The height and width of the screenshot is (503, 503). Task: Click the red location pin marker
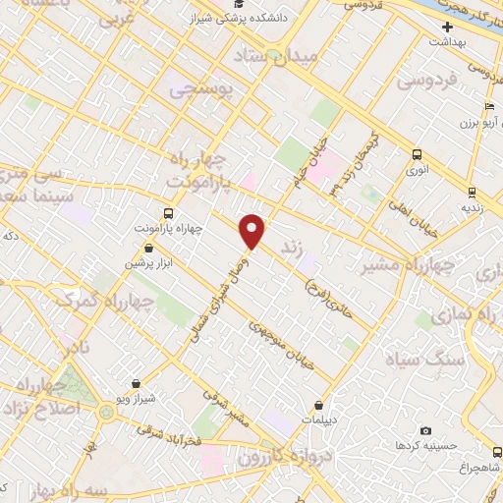[252, 231]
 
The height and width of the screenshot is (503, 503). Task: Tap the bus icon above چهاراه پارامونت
[168, 212]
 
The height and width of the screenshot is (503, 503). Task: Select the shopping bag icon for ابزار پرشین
[147, 248]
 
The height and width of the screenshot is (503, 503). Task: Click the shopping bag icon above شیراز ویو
[136, 383]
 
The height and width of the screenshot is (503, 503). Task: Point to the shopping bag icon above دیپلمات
[319, 405]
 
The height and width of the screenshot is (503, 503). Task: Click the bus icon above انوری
[417, 154]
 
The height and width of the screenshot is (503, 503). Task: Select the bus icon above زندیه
[472, 192]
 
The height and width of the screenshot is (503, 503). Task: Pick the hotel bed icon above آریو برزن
[488, 108]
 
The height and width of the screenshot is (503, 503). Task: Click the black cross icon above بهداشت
[446, 27]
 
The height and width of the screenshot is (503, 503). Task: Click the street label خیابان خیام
[307, 168]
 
